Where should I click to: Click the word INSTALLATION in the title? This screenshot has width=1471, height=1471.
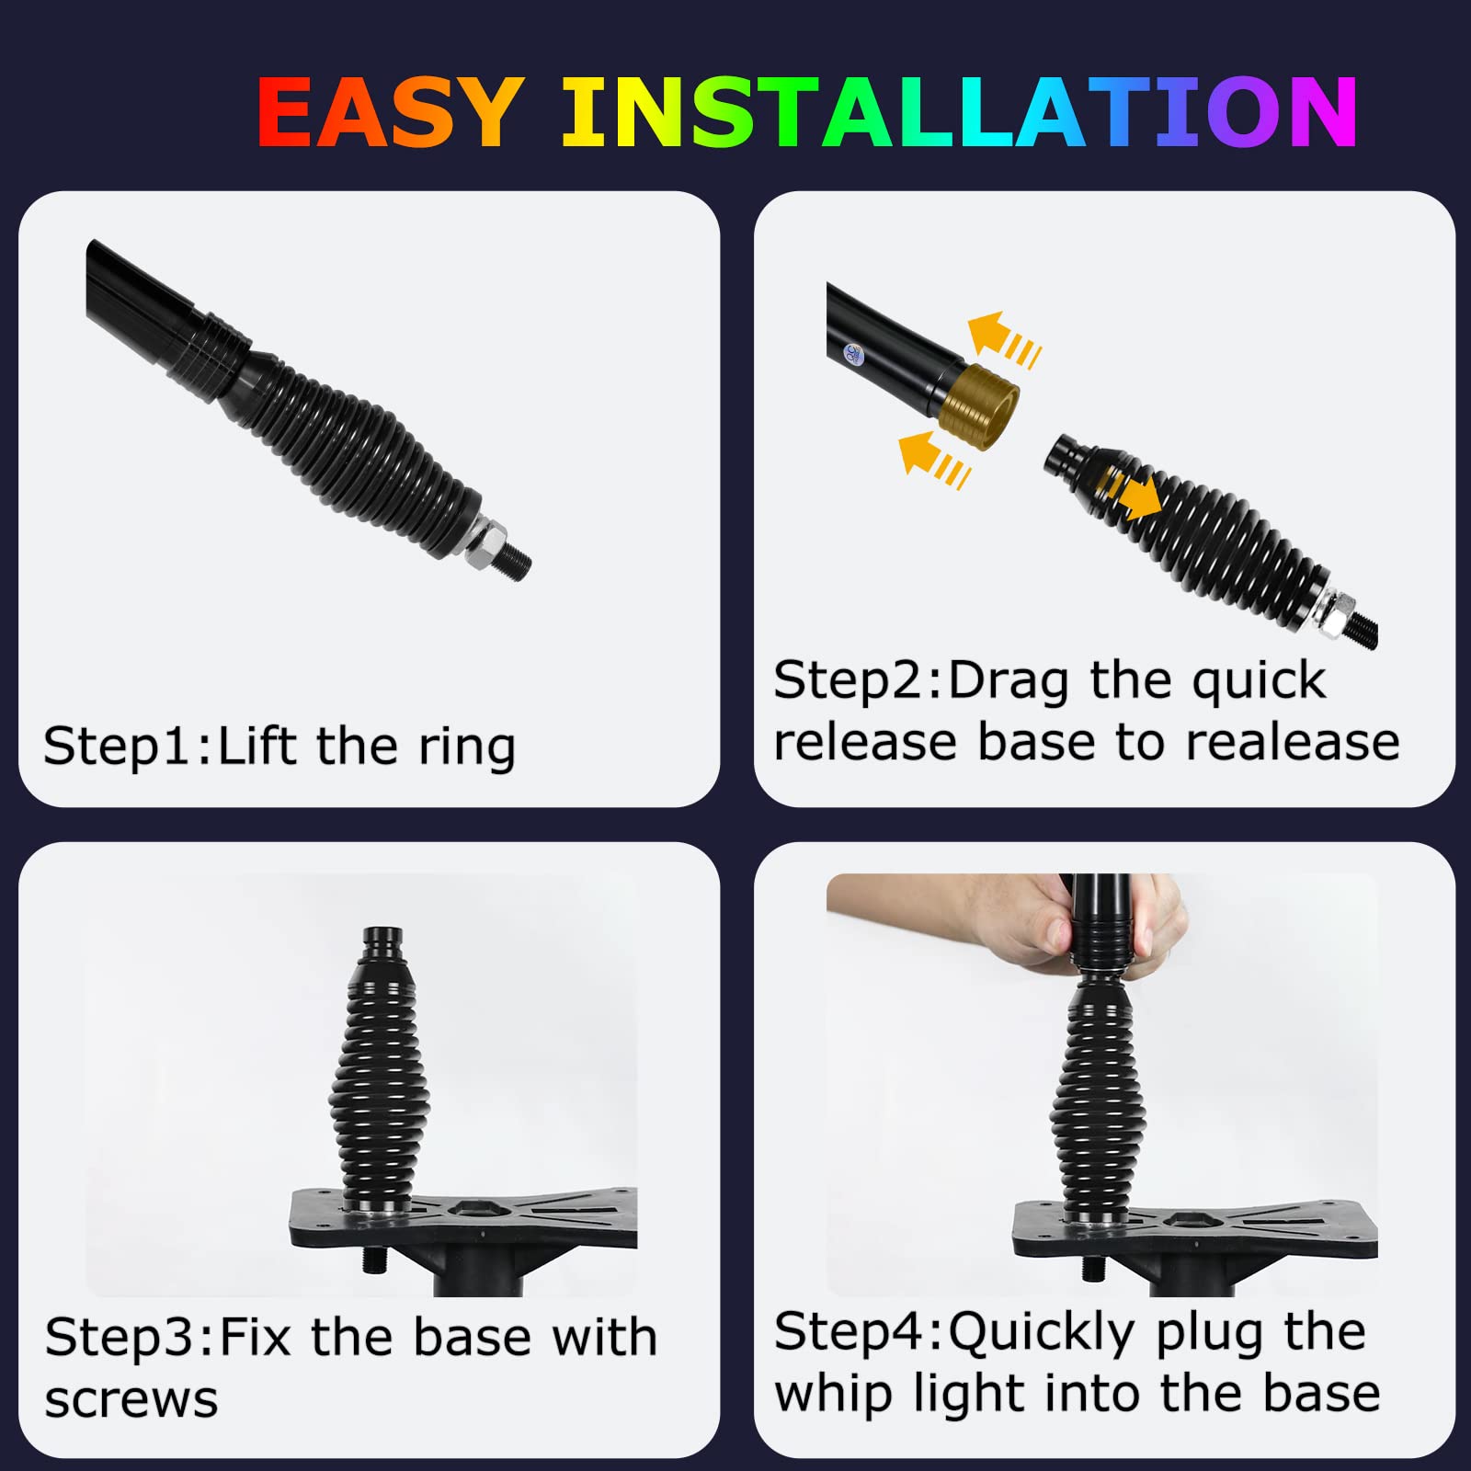tap(959, 112)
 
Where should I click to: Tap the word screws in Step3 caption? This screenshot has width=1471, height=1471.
tap(131, 1399)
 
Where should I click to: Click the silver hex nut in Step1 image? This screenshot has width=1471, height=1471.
tap(486, 542)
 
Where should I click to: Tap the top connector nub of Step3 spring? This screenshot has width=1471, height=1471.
tap(382, 943)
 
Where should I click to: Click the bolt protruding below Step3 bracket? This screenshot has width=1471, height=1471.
tap(375, 1260)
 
